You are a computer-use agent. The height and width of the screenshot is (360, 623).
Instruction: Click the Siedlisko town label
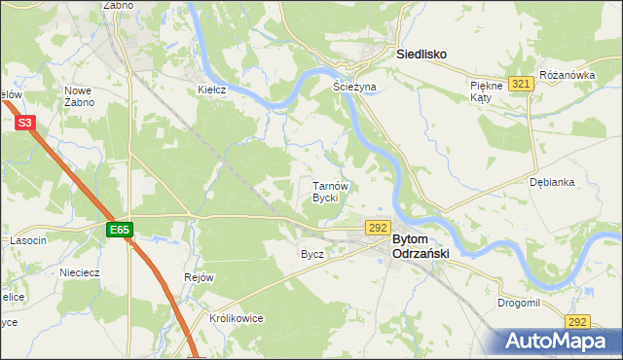[x=421, y=55]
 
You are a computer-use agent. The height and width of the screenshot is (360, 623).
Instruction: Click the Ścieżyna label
[x=354, y=87]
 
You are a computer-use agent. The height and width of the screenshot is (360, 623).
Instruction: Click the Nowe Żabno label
[x=78, y=96]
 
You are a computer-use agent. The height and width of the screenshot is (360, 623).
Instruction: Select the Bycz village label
[x=311, y=254]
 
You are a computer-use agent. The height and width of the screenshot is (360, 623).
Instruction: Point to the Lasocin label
[x=28, y=240]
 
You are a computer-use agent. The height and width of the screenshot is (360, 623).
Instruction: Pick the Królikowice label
[x=237, y=318]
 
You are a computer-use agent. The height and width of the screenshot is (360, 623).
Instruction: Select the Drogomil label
[x=518, y=304]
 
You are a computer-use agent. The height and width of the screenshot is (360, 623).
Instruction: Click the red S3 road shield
[x=26, y=123]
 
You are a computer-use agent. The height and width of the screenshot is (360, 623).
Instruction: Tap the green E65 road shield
[x=120, y=230]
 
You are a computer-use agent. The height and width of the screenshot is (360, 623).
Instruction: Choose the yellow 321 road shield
[x=521, y=85]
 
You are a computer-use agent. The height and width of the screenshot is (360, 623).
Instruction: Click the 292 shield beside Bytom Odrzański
[x=379, y=226]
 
